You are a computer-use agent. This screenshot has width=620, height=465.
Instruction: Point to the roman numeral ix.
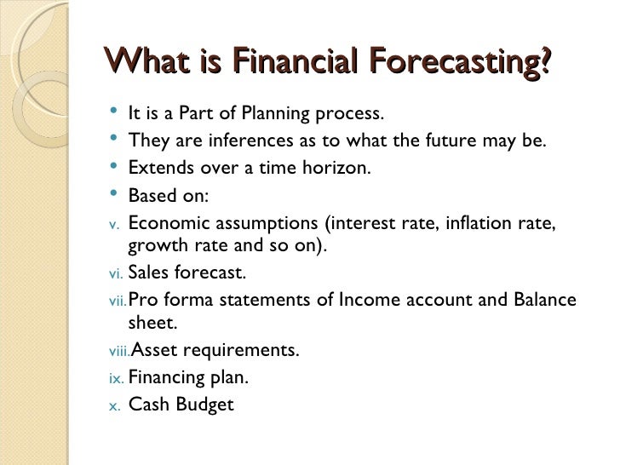click(x=116, y=378)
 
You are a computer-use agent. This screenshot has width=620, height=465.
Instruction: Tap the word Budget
click(x=204, y=405)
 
